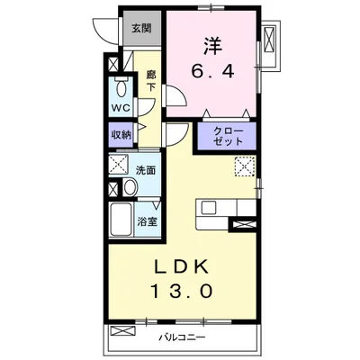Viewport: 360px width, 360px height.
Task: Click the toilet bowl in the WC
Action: coord(121,89)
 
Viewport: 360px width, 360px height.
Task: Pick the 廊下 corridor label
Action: coord(150,82)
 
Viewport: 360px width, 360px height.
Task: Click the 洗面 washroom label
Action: coord(146,168)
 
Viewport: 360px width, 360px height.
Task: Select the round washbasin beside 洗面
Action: coord(130,187)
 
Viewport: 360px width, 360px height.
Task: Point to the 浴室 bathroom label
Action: coord(145,219)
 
